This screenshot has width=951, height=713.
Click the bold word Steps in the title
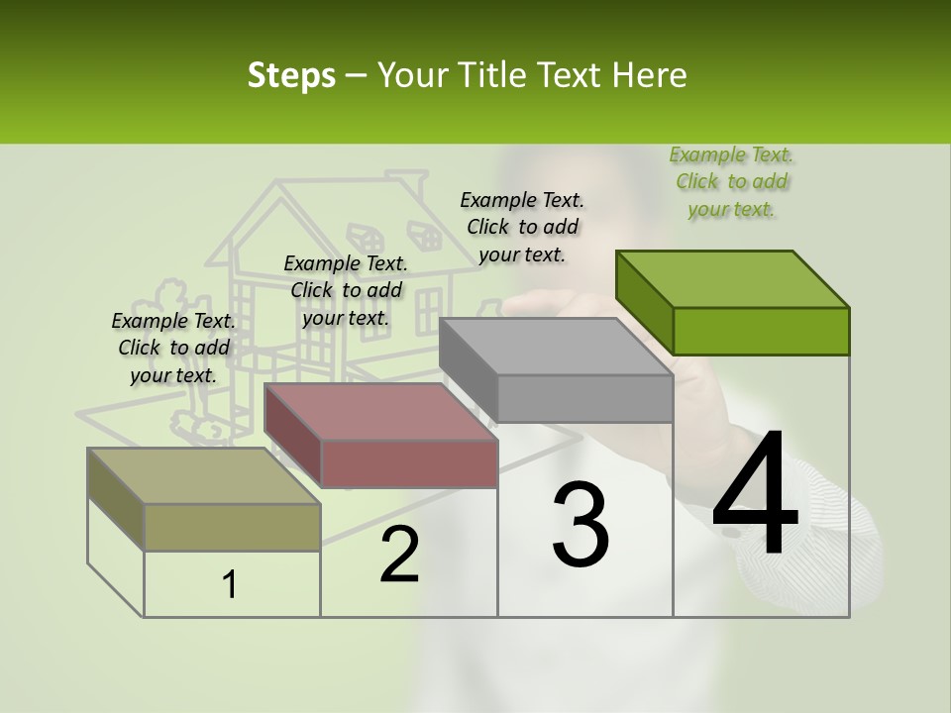click(291, 75)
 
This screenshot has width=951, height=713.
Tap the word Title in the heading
click(486, 75)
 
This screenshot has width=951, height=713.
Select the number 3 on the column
click(581, 524)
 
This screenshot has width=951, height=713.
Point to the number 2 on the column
click(399, 555)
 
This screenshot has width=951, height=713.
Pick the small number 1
click(230, 584)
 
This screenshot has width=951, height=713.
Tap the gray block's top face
click(556, 347)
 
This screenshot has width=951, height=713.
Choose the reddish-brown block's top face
click(380, 411)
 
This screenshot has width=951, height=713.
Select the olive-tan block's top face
click(204, 475)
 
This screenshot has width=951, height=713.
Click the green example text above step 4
click(731, 181)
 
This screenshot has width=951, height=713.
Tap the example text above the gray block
click(522, 227)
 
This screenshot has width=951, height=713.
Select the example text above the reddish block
click(346, 290)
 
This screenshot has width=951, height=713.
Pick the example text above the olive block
click(173, 348)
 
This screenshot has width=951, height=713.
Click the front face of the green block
click(761, 331)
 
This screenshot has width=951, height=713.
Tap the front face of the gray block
click(584, 399)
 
